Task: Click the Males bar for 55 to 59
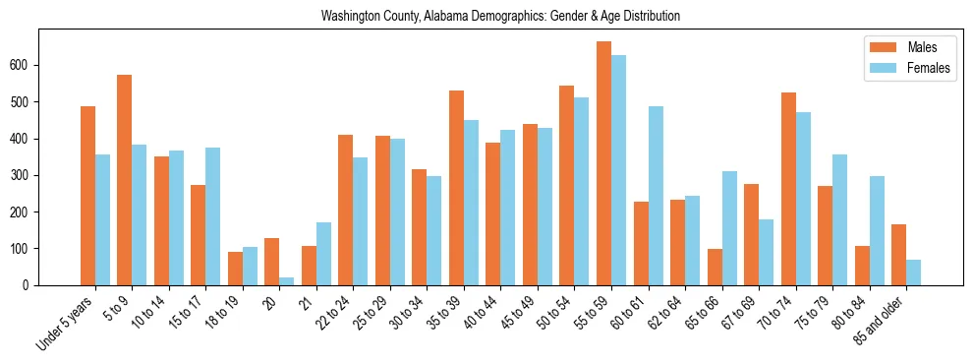(603, 163)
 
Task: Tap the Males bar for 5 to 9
(124, 180)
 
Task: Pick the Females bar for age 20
(286, 281)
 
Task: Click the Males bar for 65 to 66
(715, 267)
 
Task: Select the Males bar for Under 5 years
(87, 196)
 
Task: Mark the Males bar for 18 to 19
(235, 269)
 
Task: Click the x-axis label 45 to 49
(520, 314)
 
